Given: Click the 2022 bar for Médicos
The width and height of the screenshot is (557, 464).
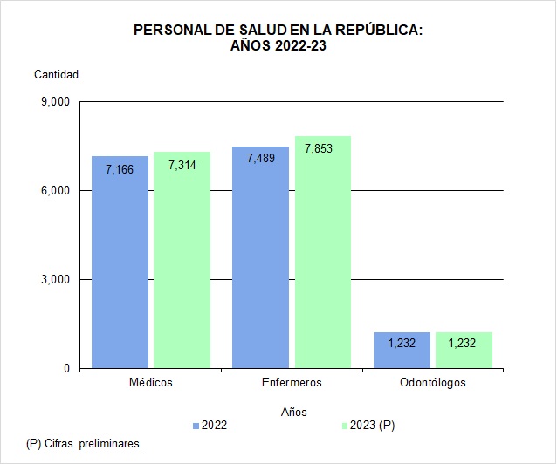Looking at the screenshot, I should coord(120,262).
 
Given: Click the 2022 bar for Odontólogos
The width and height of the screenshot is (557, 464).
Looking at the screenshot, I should coord(402,351).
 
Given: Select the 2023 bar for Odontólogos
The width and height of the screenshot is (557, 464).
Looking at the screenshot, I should coord(464,351).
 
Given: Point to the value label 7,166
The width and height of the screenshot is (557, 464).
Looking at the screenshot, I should coord(120,169).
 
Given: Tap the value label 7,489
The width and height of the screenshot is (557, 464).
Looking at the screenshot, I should coord(260,158).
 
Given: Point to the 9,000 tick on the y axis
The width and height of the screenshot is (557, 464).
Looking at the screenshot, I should coord(55,102).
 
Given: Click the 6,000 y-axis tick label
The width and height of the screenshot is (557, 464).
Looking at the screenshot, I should coord(55,191).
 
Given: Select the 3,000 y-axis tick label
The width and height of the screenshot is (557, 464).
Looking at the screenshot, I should coord(55,280).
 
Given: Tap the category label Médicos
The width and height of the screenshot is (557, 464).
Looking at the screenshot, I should coord(150,383).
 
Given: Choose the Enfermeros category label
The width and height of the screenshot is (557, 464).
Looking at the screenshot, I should coord(292,383).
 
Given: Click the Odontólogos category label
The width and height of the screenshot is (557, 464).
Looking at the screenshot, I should coord(432,383).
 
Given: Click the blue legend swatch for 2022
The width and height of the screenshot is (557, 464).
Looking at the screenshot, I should coord(196,426).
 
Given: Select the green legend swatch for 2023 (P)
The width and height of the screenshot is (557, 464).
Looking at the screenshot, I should coord(344,426).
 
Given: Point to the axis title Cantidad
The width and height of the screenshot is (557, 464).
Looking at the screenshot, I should coord(56,74).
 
